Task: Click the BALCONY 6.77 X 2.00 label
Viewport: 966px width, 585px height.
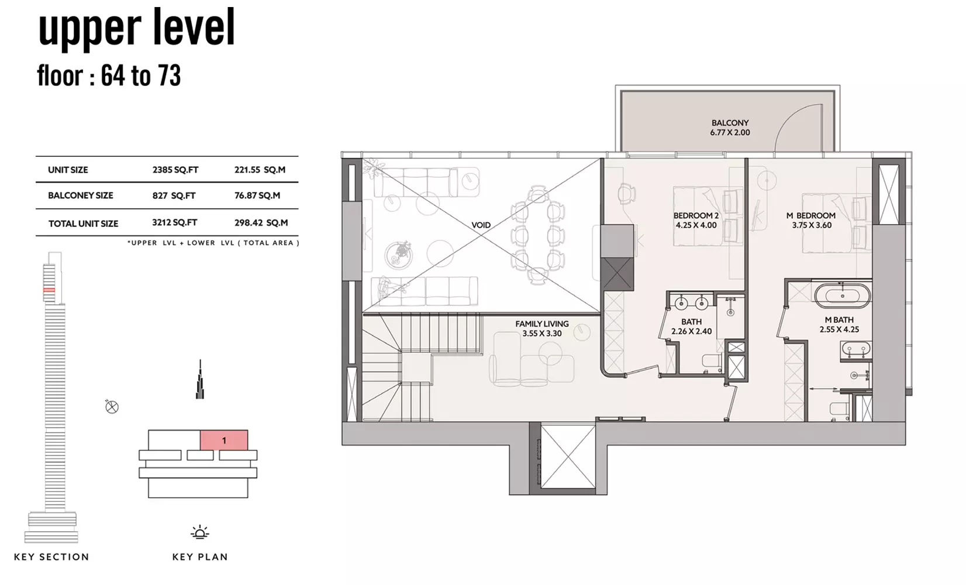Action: click(730, 128)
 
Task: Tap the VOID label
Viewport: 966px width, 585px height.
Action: click(481, 225)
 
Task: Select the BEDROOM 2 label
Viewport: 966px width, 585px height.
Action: click(696, 215)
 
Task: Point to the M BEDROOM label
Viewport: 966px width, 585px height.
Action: click(810, 215)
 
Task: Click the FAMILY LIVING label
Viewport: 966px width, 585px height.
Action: click(541, 324)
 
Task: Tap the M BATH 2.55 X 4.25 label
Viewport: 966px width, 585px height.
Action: click(839, 325)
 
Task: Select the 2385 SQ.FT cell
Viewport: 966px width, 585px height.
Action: click(175, 170)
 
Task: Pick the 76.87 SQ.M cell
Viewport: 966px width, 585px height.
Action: click(257, 195)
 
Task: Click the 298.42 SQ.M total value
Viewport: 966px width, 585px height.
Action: click(261, 223)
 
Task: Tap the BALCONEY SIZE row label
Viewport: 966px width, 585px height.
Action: click(81, 195)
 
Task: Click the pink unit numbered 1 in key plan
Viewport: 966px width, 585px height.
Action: click(224, 440)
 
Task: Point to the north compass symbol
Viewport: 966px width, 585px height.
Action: click(112, 407)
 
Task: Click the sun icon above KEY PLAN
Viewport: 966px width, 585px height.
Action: click(199, 533)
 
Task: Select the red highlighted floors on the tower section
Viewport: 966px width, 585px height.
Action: click(49, 290)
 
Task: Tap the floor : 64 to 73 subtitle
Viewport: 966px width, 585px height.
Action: click(109, 75)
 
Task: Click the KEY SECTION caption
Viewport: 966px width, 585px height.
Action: click(51, 557)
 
